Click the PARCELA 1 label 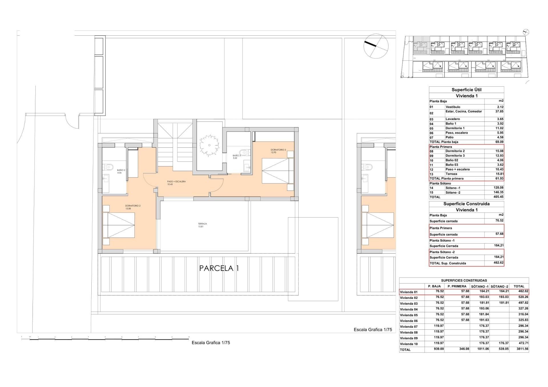pos(219,268)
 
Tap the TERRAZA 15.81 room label pos(202,225)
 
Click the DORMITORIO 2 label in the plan pos(133,207)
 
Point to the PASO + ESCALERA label pos(176,183)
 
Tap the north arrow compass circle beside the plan pos(376,46)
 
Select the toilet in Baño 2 pos(109,167)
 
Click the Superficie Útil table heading pos(466,90)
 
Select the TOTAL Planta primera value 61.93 pos(499,179)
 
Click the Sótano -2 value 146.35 pos(498,193)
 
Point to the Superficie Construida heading pos(466,204)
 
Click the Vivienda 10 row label pos(409,344)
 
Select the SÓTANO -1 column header pos(480,286)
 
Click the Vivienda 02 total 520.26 pos(523,297)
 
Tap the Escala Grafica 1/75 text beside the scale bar pos(211,343)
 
